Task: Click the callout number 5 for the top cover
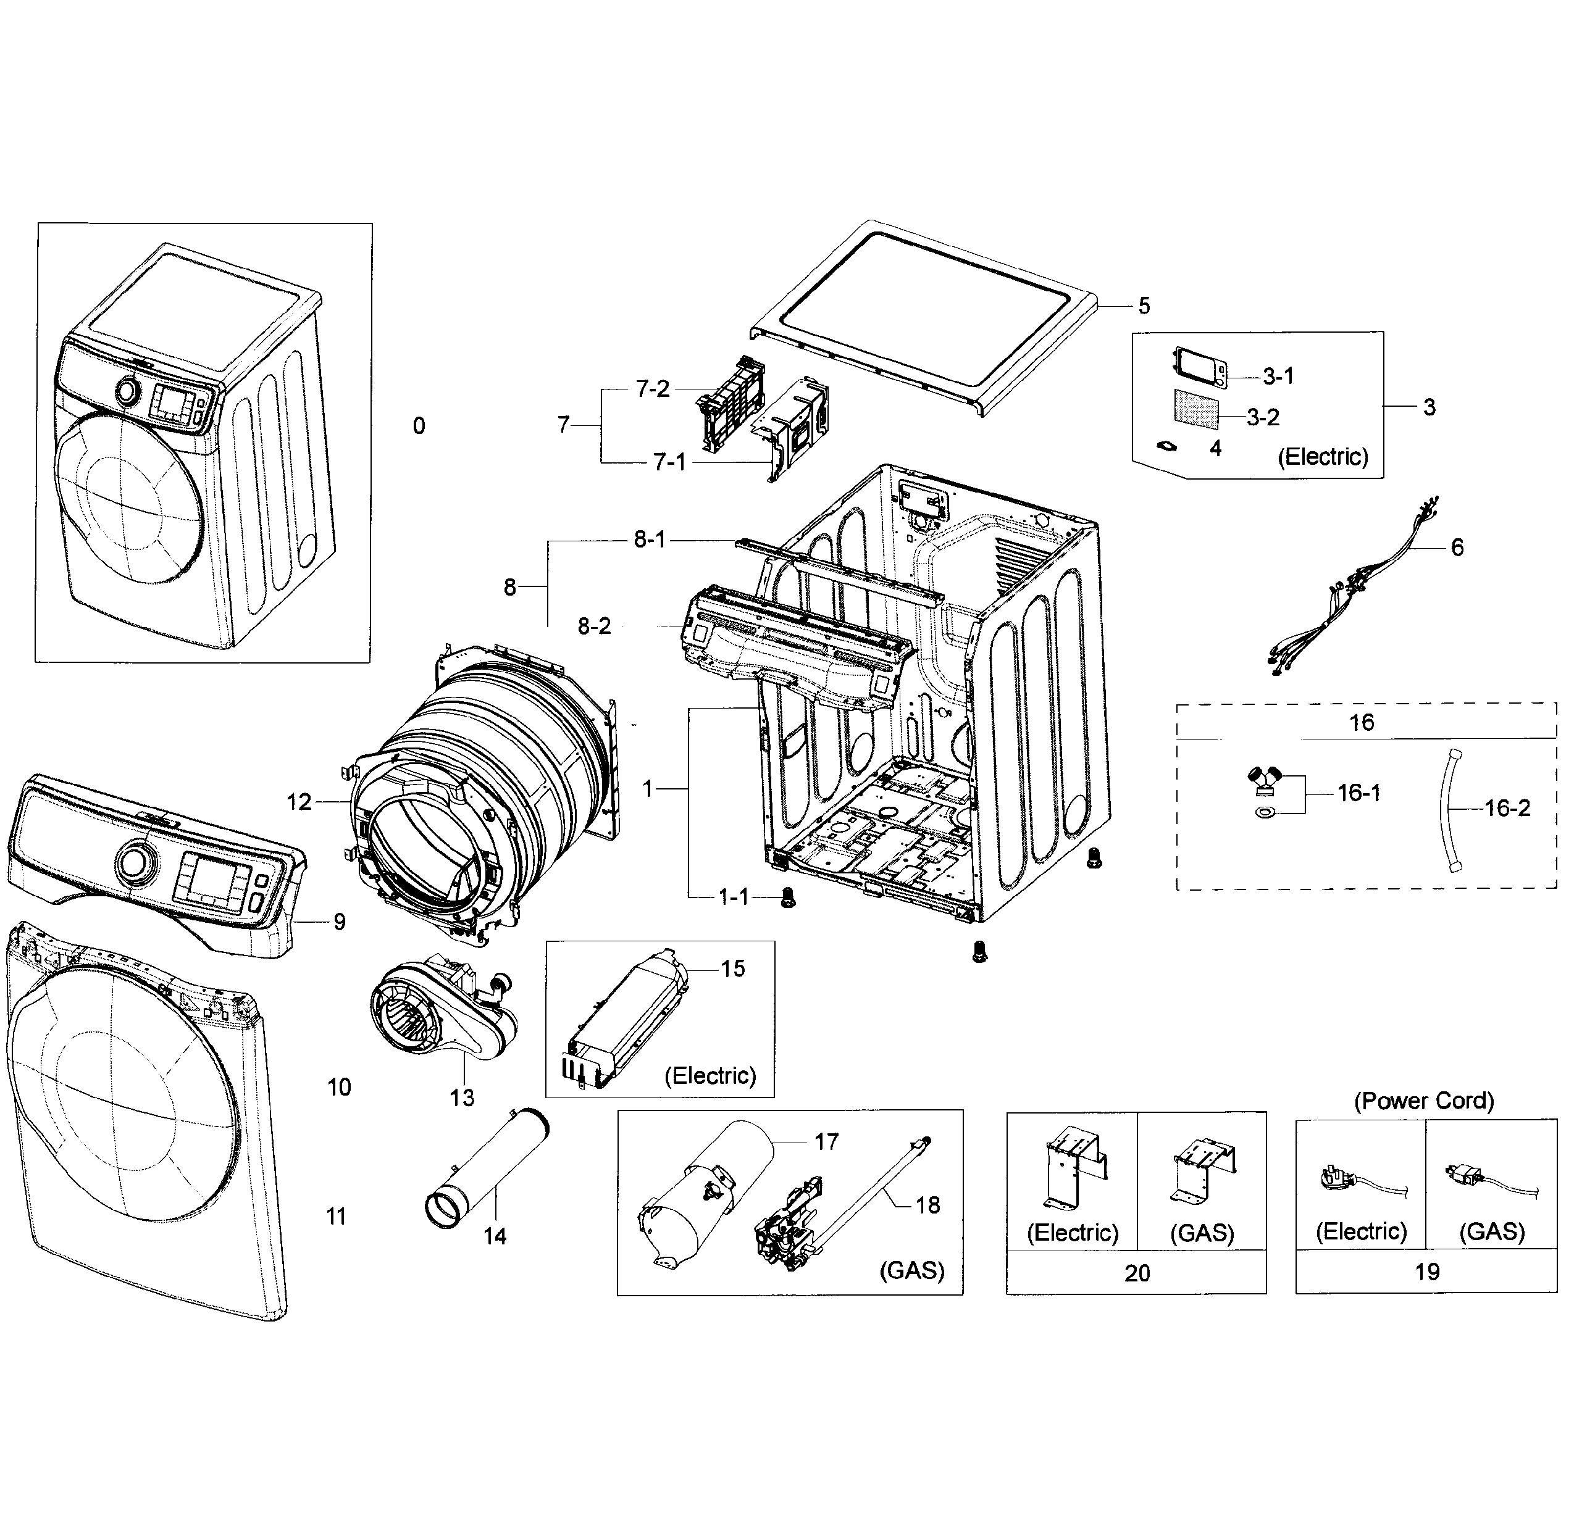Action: click(x=1144, y=306)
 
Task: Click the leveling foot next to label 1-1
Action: click(x=788, y=897)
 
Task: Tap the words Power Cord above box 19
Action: click(x=1424, y=1101)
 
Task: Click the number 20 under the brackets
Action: click(x=1137, y=1273)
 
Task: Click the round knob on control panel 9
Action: click(x=131, y=863)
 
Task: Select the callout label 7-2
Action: click(x=652, y=389)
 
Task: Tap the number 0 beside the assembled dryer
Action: click(x=419, y=427)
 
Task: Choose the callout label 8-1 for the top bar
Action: click(x=650, y=539)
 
